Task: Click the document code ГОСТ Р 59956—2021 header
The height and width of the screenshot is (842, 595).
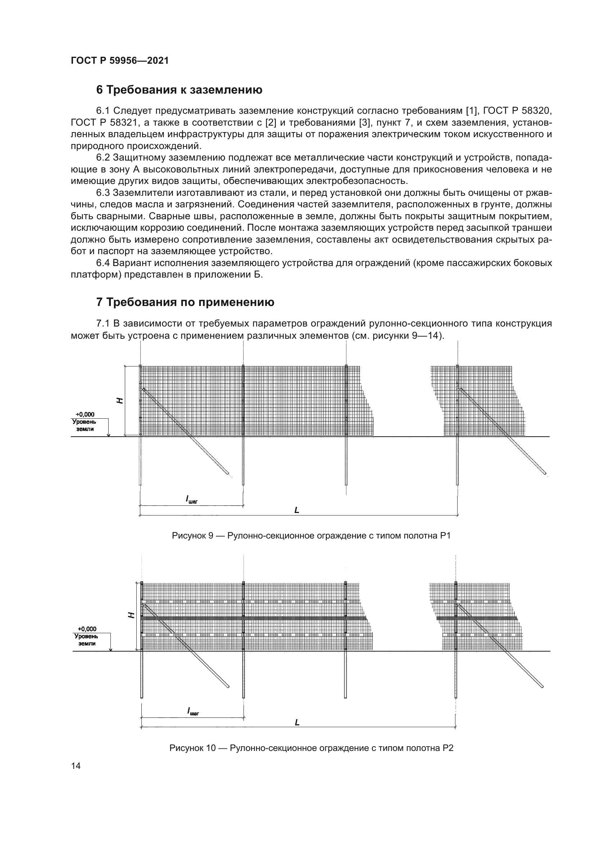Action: pos(119,61)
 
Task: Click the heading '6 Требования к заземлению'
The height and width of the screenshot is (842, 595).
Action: pos(179,90)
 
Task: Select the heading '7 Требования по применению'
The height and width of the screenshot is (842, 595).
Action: pos(185,302)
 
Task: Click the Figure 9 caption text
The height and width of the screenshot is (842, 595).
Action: pos(311,536)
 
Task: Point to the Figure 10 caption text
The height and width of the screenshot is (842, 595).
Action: pos(311,748)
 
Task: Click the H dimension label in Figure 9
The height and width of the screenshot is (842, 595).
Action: pos(120,400)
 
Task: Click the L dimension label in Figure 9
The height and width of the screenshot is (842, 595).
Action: pos(297,510)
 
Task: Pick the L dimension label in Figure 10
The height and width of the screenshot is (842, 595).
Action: pos(297,722)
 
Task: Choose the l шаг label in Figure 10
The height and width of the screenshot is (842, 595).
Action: pos(193,712)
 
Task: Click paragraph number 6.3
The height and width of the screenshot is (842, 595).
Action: pos(103,193)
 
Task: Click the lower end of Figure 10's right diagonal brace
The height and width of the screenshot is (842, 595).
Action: pos(542,685)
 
